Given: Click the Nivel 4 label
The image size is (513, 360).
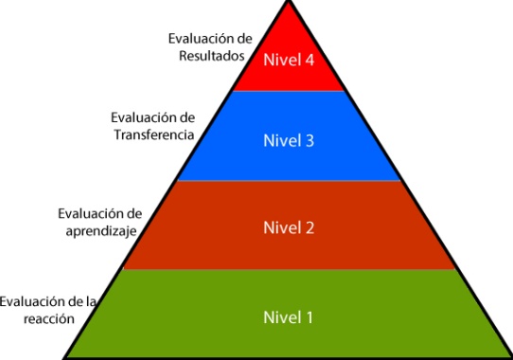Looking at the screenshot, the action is (x=289, y=60).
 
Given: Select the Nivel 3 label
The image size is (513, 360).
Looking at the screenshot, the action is (x=289, y=141).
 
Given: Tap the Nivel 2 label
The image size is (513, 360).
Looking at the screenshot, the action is (x=289, y=227).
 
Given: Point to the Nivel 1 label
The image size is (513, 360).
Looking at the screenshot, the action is (x=288, y=317).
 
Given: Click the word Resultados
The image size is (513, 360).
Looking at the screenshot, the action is (x=212, y=56).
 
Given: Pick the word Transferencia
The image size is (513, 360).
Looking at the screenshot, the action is (x=154, y=135).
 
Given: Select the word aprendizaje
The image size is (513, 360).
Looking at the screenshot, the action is (x=101, y=231).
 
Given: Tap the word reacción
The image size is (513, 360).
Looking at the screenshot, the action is (x=49, y=318).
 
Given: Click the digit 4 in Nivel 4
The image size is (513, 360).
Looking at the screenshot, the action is (x=310, y=61).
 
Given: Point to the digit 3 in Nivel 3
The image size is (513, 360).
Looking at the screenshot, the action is (x=310, y=141).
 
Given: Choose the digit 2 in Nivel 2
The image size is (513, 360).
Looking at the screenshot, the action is (x=310, y=228).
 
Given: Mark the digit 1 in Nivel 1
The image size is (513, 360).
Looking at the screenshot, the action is (x=308, y=317).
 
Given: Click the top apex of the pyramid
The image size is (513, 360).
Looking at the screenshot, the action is (x=289, y=1).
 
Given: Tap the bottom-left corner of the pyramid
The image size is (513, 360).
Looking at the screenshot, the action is (x=64, y=358).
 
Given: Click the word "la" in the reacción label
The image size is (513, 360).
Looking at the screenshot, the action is (x=91, y=301).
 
